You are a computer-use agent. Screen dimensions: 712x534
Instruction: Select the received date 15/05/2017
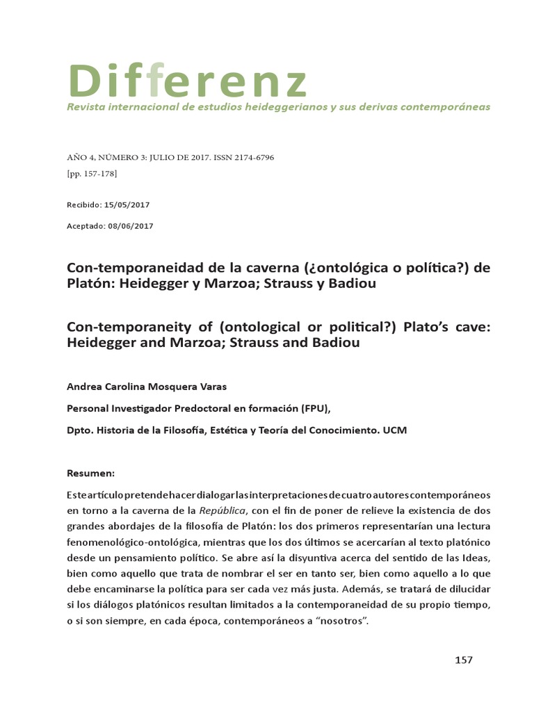pos(127,204)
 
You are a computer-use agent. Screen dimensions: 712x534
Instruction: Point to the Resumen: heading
pos(90,473)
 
